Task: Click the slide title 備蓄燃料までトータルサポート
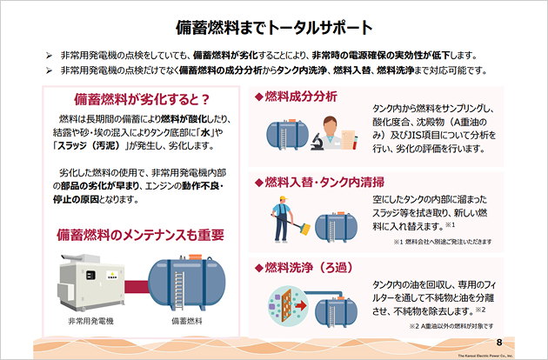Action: coord(274,25)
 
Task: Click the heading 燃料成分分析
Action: coord(295,96)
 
